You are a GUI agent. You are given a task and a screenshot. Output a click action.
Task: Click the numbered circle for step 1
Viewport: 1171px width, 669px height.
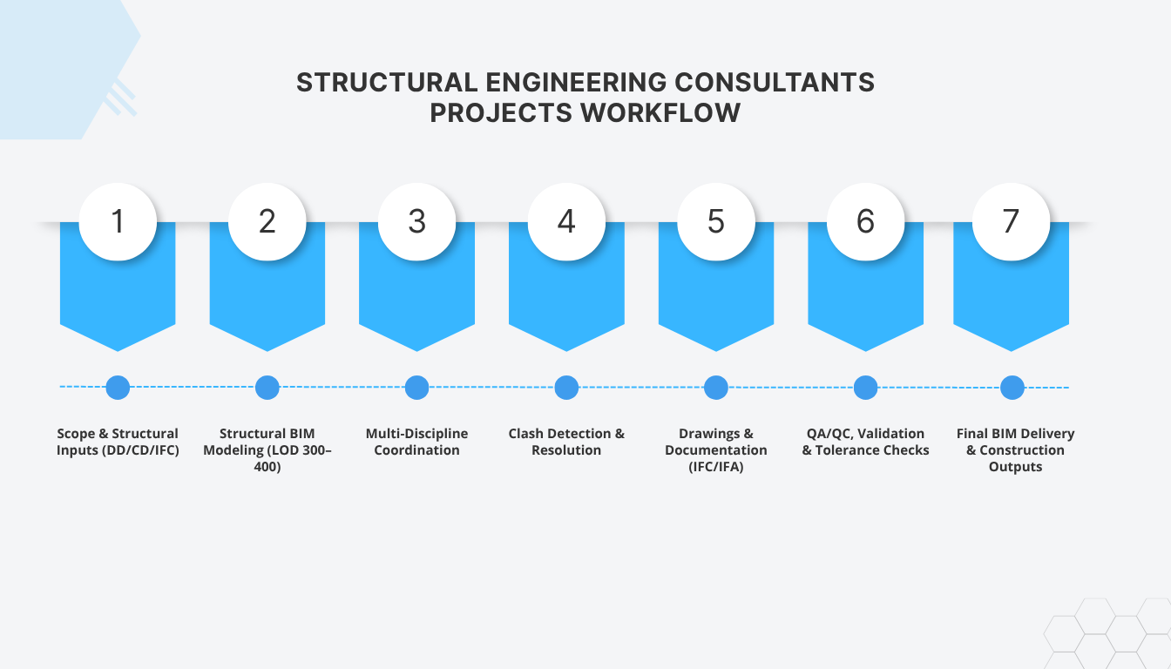118,221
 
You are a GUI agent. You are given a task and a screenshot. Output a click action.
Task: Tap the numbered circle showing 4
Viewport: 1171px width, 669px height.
566,221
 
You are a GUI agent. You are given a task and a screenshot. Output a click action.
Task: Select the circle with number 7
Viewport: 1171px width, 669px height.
1011,221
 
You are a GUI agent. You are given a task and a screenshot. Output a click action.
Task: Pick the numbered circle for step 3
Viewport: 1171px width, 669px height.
416,221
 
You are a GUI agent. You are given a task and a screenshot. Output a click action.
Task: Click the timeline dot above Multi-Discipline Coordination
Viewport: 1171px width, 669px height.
416,388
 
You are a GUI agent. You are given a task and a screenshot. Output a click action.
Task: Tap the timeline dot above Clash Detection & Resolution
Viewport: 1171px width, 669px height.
566,388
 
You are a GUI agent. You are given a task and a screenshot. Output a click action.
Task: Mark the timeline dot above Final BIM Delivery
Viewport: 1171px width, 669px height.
1012,388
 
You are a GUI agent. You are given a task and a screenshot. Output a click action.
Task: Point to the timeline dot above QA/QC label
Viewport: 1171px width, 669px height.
865,388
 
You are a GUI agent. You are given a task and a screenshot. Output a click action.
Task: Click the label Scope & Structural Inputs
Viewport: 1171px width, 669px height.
118,442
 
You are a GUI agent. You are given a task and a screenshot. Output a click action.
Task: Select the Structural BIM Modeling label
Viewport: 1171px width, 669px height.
267,442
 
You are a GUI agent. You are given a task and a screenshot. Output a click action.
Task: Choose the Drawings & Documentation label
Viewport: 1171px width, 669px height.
716,442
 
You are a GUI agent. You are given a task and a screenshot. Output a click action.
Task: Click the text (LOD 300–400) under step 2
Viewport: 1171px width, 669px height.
267,458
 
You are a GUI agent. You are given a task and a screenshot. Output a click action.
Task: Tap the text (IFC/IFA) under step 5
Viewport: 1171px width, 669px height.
716,467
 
